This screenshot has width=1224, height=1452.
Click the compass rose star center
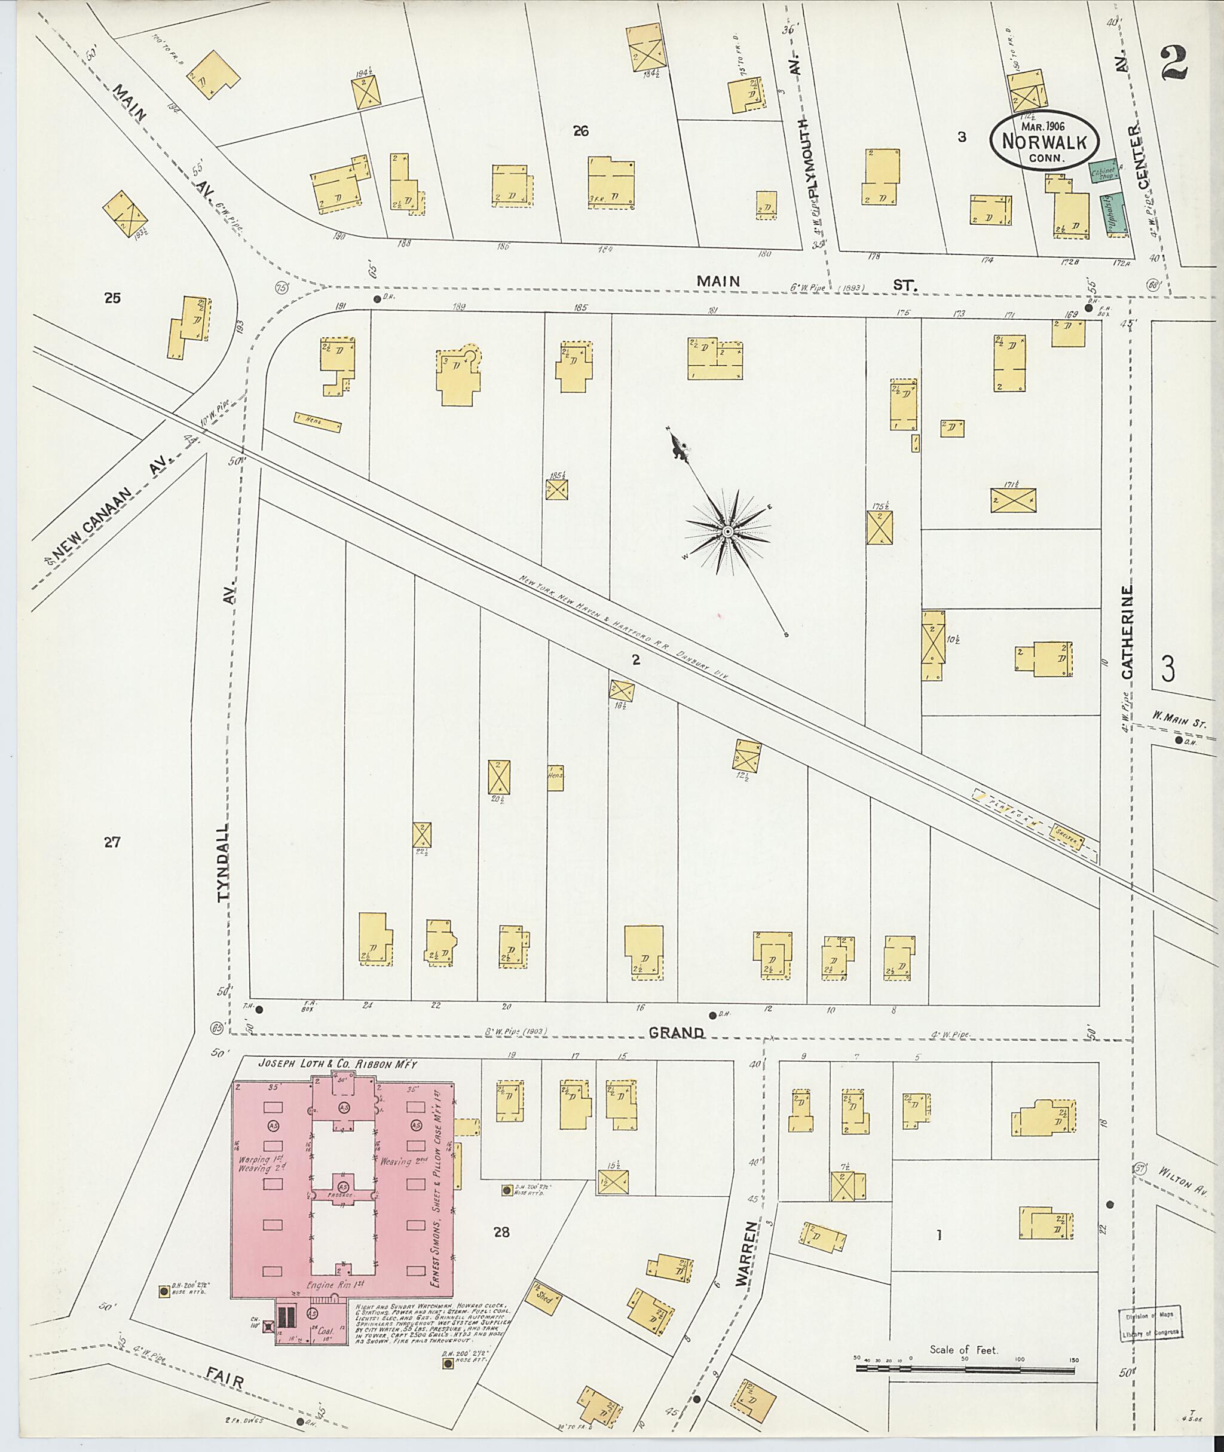727,531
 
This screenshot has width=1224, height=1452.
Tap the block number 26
580,130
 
